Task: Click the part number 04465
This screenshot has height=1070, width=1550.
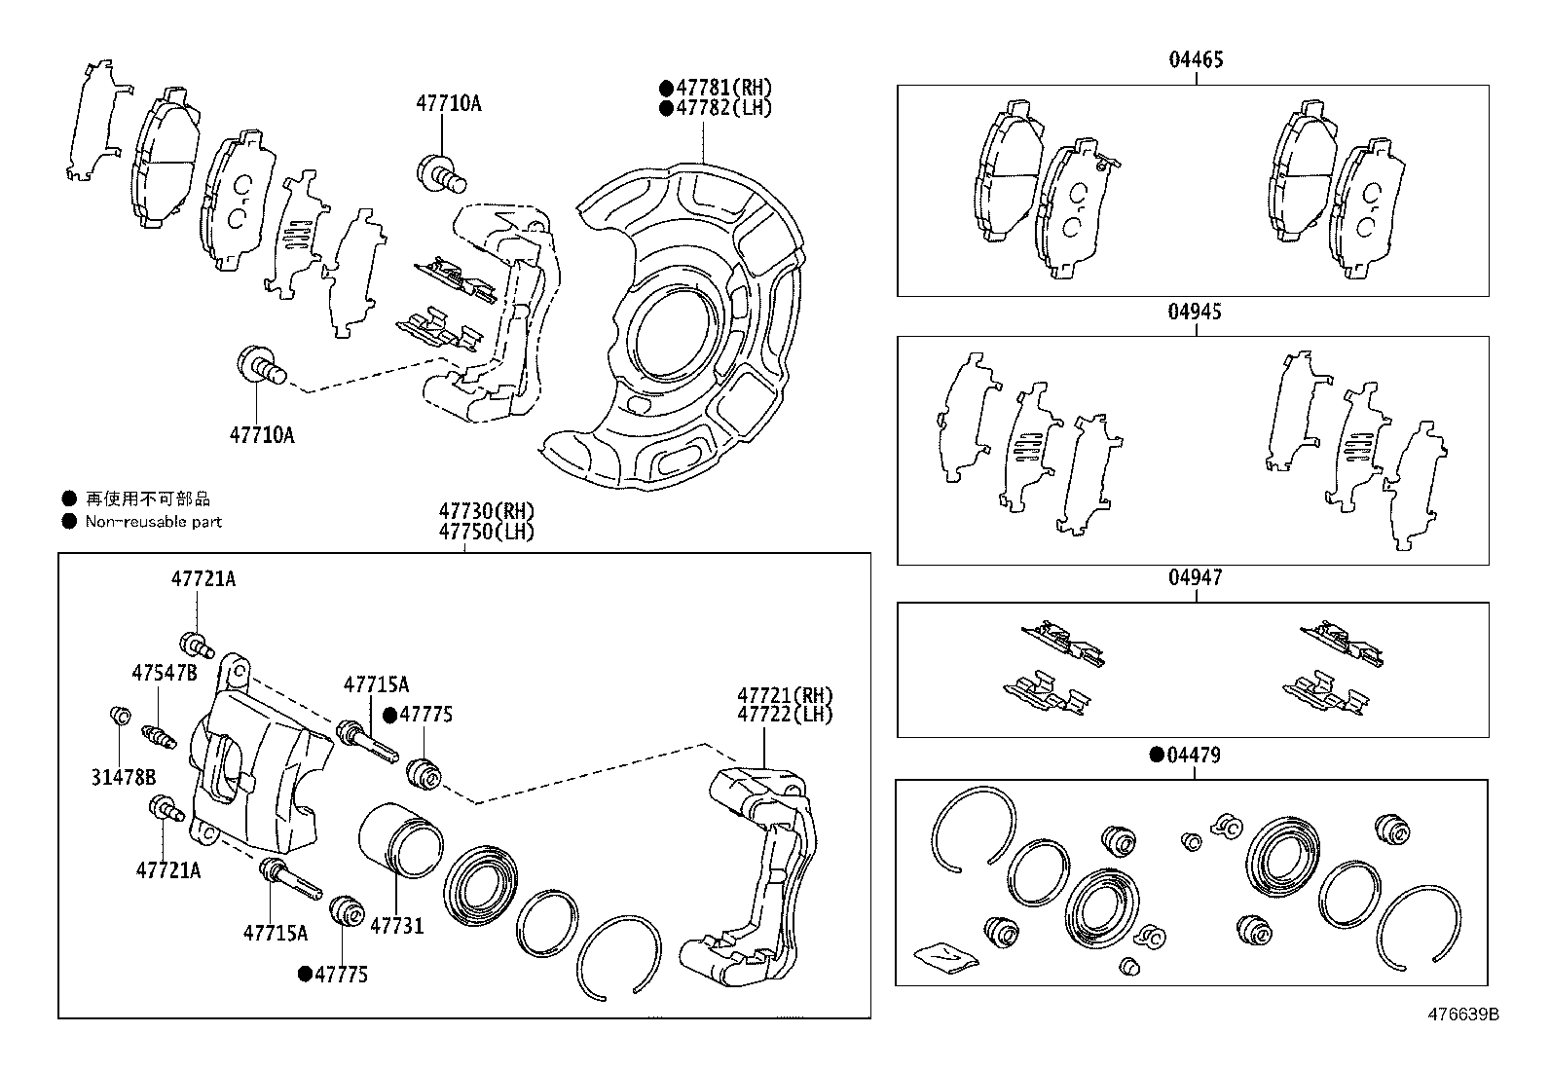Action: (1196, 60)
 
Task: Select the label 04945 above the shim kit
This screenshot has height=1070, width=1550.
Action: (1196, 313)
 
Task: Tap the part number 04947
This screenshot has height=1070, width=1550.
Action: (1196, 578)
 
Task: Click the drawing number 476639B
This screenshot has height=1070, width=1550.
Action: (1462, 1015)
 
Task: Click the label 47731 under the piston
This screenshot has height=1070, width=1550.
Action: (397, 926)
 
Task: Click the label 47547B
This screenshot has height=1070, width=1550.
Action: (164, 673)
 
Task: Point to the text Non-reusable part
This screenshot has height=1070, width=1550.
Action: (154, 522)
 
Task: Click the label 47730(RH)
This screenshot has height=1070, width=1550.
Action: (486, 512)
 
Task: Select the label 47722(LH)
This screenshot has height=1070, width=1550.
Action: (785, 714)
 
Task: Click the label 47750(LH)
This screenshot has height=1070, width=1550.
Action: (486, 532)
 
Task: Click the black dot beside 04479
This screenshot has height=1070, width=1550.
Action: (1158, 756)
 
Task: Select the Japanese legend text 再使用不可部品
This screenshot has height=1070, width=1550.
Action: (148, 499)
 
